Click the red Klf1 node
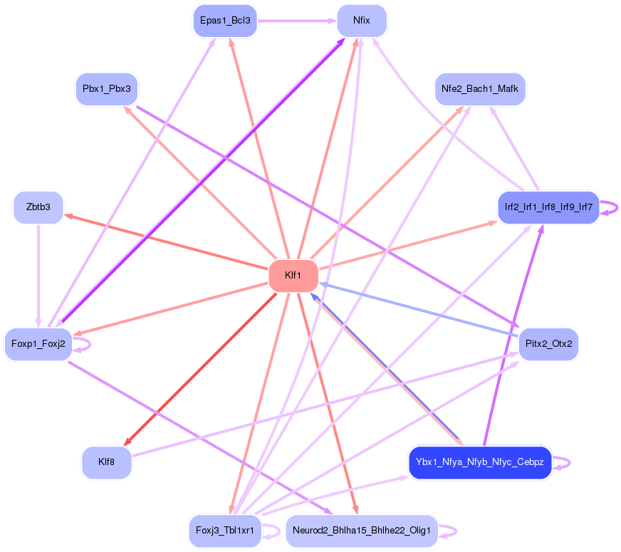pos(293,276)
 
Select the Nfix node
pos(362,21)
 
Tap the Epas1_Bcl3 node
pos(225,21)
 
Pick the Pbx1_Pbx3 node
pos(107,90)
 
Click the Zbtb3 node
pos(38,207)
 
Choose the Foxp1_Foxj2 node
pos(38,344)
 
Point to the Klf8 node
pos(107,463)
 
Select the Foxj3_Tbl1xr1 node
pos(225,531)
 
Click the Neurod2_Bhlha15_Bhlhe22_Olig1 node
pos(362,531)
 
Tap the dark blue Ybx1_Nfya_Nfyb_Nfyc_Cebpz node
pos(480,463)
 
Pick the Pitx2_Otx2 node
pos(548,344)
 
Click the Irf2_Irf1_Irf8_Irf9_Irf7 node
pos(548,207)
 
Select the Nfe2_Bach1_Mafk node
pos(480,90)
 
